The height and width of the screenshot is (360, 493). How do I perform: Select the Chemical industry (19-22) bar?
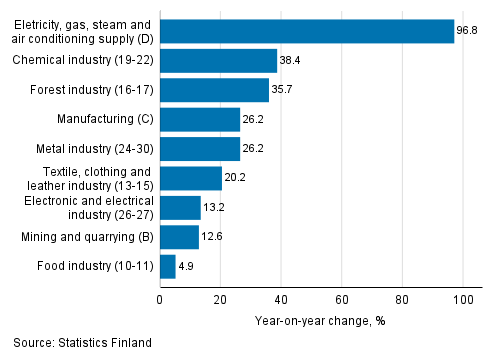tap(218, 61)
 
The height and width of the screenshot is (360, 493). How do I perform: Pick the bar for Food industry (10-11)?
tap(167, 266)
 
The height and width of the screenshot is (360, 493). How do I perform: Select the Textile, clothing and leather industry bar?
tap(190, 178)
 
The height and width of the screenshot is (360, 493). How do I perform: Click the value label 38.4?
tap(291, 61)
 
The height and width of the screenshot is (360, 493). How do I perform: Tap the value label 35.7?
tap(283, 90)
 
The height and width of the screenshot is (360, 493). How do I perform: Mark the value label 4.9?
tap(187, 266)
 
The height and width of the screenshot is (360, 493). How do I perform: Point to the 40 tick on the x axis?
tap(281, 297)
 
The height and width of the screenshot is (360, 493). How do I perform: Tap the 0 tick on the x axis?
tap(160, 297)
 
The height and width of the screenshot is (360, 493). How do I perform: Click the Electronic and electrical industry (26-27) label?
tap(96, 207)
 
